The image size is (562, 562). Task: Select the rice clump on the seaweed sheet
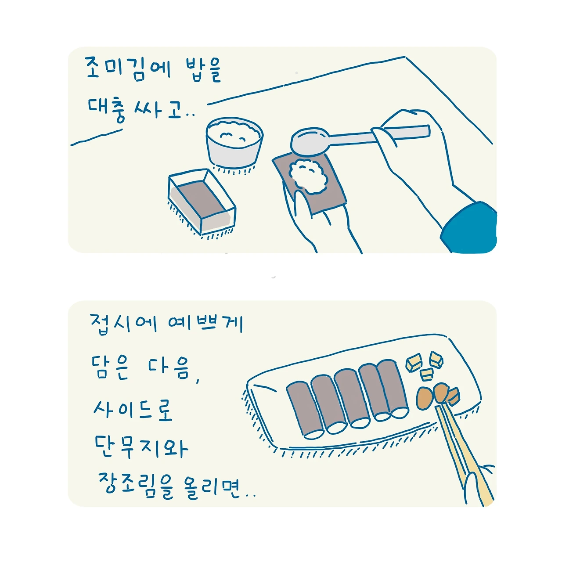click(x=309, y=176)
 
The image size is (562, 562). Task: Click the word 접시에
click(x=124, y=324)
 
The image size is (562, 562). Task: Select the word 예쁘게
click(x=206, y=323)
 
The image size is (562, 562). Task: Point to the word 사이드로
click(x=133, y=411)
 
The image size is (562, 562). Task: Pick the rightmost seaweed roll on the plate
click(x=392, y=387)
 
